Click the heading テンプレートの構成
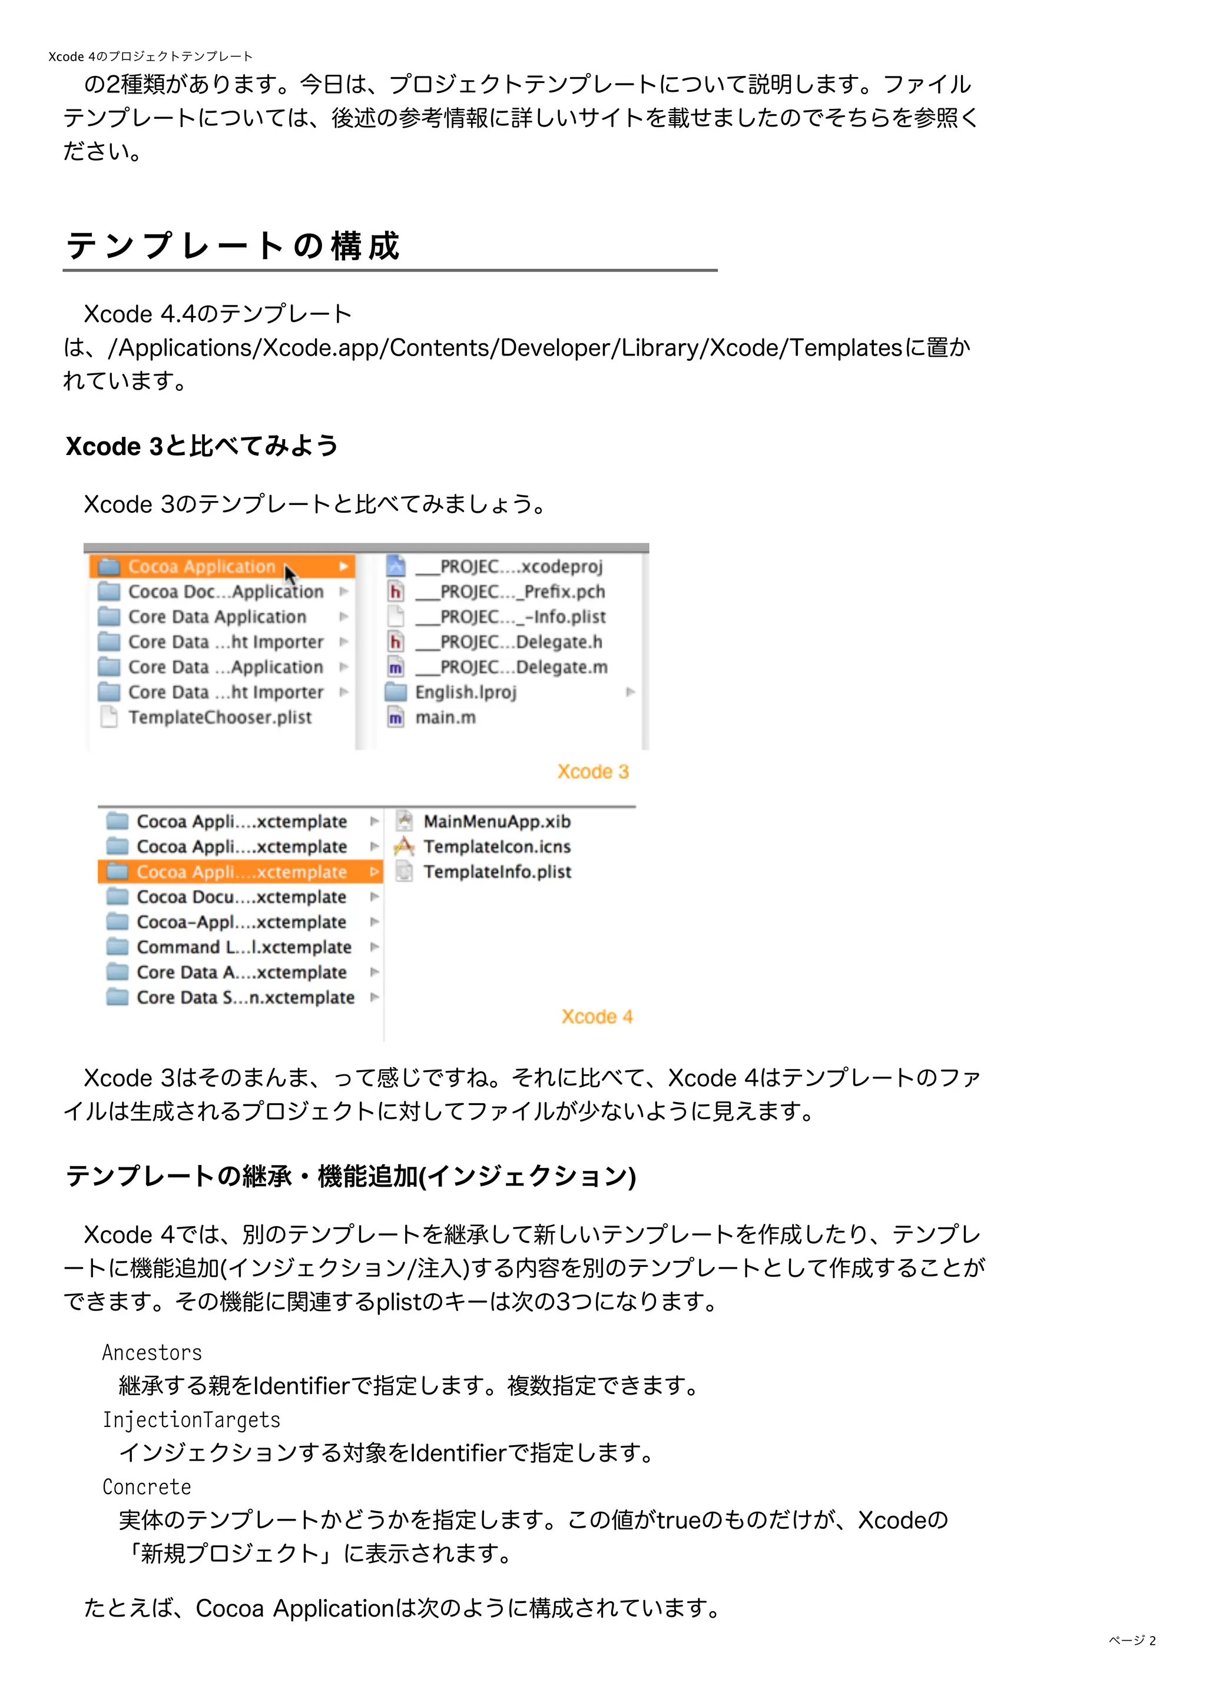pos(233,245)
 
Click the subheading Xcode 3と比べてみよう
pos(201,446)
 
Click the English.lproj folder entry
pos(465,692)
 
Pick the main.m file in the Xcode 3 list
pos(445,717)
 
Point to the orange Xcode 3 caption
pos(593,771)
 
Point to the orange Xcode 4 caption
pos(597,1017)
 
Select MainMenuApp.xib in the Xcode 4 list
pos(496,821)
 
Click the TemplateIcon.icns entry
pos(496,847)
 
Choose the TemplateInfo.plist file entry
pos(496,872)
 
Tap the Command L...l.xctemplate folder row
pos(243,947)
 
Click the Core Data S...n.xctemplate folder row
pos(244,997)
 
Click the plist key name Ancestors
pos(151,1352)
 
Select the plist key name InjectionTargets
pos(191,1420)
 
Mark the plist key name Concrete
pos(147,1487)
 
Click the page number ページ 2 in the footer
pos(1132,1641)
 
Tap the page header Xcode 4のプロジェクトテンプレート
pos(150,57)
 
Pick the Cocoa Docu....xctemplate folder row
pos(241,897)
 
